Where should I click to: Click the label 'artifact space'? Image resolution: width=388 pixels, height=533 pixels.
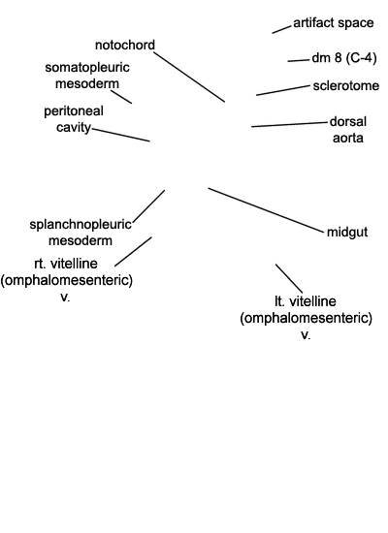(334, 23)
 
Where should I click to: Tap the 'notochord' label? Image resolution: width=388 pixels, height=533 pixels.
(125, 45)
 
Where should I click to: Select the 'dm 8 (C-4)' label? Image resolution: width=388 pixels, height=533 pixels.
(344, 58)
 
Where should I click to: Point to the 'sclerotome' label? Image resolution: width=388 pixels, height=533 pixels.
(345, 85)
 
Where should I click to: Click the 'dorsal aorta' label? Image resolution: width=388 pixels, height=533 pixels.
(348, 130)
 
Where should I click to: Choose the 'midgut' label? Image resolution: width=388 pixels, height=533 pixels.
(347, 233)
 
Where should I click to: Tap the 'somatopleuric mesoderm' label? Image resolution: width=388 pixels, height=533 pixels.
(87, 76)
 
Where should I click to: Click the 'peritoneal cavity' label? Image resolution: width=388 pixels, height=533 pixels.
(74, 119)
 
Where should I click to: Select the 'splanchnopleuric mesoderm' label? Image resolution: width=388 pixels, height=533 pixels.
(81, 233)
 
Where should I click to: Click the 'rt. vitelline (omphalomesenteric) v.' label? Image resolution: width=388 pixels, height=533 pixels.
(66, 280)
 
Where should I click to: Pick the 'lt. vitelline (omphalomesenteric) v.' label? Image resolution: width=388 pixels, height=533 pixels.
(306, 318)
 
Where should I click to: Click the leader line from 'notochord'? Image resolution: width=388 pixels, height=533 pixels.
(189, 77)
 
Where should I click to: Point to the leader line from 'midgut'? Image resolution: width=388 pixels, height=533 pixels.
(266, 210)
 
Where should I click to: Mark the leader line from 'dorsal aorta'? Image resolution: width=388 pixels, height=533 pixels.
(289, 124)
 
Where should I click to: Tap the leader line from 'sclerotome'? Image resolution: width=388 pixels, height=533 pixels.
(283, 90)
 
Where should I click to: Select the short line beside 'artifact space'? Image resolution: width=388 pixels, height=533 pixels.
(282, 29)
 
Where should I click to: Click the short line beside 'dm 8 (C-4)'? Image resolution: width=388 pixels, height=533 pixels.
(299, 61)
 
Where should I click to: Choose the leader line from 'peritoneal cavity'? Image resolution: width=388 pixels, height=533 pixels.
(121, 135)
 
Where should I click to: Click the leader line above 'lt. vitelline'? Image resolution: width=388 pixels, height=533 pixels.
(289, 278)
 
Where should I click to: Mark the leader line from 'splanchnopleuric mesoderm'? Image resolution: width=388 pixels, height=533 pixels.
(149, 206)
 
